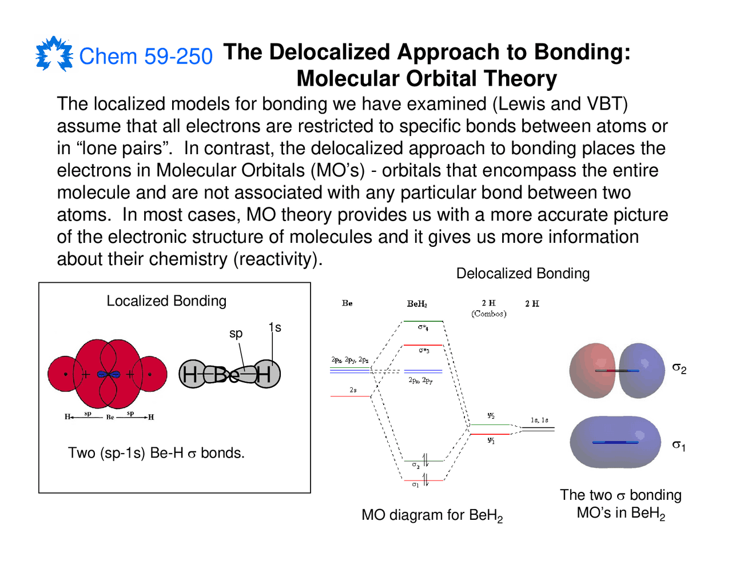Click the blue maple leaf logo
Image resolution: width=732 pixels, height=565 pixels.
54,54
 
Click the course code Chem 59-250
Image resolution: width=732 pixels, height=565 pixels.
146,57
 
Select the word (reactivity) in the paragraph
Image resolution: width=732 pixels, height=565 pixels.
278,259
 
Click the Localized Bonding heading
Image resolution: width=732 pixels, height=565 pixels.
166,301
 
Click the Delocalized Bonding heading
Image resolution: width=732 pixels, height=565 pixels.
523,274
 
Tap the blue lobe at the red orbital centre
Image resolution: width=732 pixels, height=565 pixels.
108,375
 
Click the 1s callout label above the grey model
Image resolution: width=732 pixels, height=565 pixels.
274,327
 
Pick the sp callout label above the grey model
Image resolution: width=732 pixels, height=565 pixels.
236,333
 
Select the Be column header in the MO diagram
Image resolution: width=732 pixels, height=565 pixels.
347,303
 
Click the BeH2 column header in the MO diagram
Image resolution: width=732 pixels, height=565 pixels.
417,304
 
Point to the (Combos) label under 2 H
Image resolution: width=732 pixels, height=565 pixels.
489,314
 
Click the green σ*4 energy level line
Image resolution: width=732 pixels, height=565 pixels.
423,322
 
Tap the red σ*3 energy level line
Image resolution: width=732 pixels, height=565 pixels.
423,345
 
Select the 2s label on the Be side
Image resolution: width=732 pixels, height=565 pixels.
353,390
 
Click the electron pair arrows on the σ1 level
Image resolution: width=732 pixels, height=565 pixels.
425,479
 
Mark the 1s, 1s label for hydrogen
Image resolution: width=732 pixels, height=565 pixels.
539,420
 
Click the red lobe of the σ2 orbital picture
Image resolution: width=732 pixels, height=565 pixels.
592,370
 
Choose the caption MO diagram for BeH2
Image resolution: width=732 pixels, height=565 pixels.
432,515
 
